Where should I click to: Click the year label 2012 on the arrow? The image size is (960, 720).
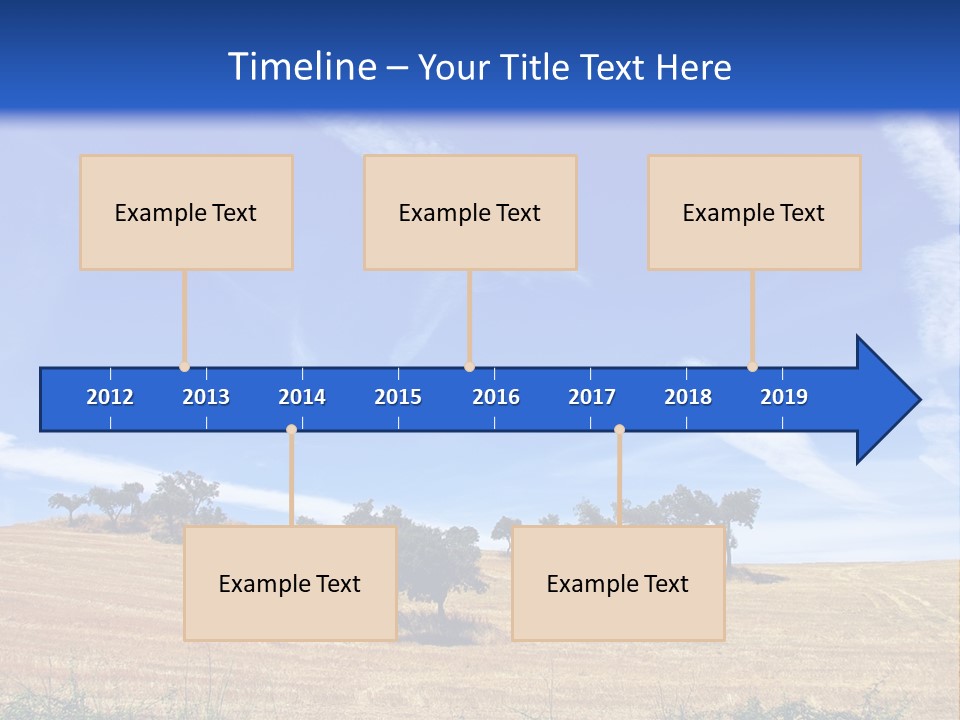110,397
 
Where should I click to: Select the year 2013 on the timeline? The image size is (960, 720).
206,397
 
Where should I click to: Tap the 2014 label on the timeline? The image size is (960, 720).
302,397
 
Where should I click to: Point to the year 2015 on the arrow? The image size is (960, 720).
398,397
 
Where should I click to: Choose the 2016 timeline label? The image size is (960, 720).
496,397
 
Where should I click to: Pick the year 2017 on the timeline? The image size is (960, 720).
592,397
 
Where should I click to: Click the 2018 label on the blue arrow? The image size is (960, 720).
688,397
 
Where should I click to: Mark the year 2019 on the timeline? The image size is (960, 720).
784,397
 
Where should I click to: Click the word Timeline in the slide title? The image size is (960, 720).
302,66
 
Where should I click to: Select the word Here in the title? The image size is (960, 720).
694,67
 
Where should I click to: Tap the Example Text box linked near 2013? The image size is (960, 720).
186,212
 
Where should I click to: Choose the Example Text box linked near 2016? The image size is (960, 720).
470,212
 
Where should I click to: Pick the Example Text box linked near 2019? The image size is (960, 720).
754,212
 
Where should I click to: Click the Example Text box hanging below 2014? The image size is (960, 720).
290,583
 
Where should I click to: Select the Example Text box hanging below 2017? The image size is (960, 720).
618,583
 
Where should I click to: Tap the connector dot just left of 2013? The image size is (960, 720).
184,367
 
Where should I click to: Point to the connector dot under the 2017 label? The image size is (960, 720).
619,429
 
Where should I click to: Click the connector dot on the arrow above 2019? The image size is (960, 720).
752,367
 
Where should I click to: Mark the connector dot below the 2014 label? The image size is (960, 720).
291,429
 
